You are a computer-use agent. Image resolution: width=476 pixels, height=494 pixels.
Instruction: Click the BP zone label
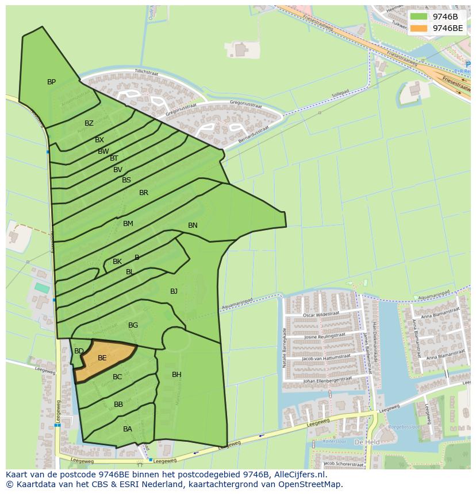(51, 82)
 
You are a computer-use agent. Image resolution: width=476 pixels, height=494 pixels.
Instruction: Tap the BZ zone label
(89, 123)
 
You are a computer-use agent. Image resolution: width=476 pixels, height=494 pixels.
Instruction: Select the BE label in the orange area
(102, 358)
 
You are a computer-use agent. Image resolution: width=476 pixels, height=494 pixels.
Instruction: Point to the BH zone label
(176, 375)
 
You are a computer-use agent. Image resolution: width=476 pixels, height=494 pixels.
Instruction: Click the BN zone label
(193, 225)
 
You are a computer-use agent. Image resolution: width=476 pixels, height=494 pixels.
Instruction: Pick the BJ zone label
(174, 291)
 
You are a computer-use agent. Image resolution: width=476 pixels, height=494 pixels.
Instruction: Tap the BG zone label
(133, 325)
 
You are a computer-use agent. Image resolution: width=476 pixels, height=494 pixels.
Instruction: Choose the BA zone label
(128, 429)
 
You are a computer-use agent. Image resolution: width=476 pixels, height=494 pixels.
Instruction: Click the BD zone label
(79, 351)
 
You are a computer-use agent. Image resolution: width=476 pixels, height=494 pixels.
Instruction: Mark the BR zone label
(144, 193)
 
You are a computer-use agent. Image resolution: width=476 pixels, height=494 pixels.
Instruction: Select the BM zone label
(128, 224)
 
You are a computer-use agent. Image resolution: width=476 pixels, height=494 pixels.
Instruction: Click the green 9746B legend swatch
(419, 17)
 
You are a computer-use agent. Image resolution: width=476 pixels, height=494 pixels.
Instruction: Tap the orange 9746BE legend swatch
(419, 28)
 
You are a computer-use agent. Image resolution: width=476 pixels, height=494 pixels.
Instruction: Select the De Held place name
(366, 442)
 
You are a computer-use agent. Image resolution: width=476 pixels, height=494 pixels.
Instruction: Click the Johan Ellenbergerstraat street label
(327, 380)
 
